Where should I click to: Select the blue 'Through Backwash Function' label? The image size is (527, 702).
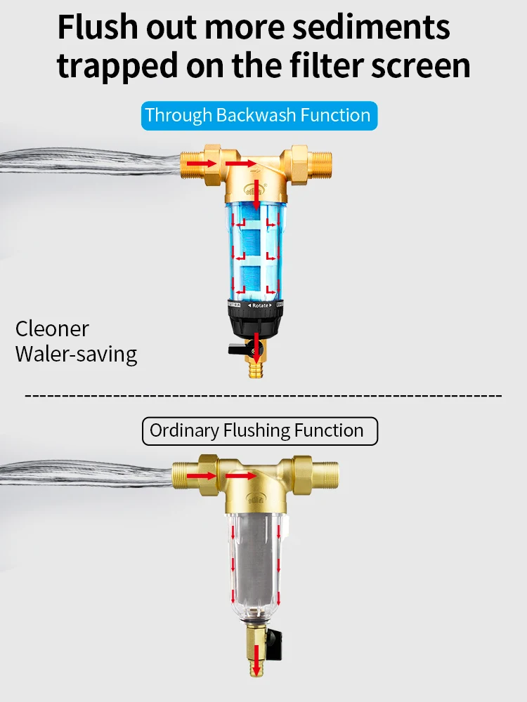(x=258, y=115)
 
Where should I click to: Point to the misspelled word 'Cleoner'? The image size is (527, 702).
(x=52, y=329)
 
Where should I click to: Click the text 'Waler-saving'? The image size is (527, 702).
(x=76, y=354)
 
